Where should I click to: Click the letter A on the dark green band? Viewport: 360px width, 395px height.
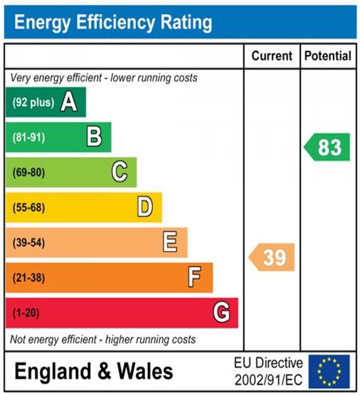coord(69,102)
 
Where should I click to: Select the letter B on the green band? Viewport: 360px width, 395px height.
coord(94,137)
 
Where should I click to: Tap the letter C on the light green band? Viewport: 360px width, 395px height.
coord(120,172)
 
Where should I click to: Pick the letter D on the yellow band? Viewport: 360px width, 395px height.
coord(145,207)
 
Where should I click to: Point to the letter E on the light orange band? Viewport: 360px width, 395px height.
coord(170,242)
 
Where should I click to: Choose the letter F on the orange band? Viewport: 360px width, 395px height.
coord(195,277)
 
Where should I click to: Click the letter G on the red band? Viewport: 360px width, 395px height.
coord(221,313)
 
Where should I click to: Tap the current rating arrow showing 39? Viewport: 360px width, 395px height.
coord(272,257)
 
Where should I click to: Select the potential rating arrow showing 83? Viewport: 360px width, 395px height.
coord(328,147)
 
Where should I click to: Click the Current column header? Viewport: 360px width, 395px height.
coord(272,56)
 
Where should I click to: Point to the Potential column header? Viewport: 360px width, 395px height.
coord(328,56)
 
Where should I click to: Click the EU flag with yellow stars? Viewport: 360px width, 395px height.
coord(329,372)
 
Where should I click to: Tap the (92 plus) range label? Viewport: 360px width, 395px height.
coord(33,102)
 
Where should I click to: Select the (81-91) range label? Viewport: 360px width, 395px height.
coord(29,137)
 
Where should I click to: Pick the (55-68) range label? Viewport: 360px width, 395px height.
coord(29,207)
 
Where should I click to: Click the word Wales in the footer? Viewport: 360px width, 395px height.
coord(145,372)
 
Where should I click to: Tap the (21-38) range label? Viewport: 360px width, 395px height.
coord(29,277)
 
